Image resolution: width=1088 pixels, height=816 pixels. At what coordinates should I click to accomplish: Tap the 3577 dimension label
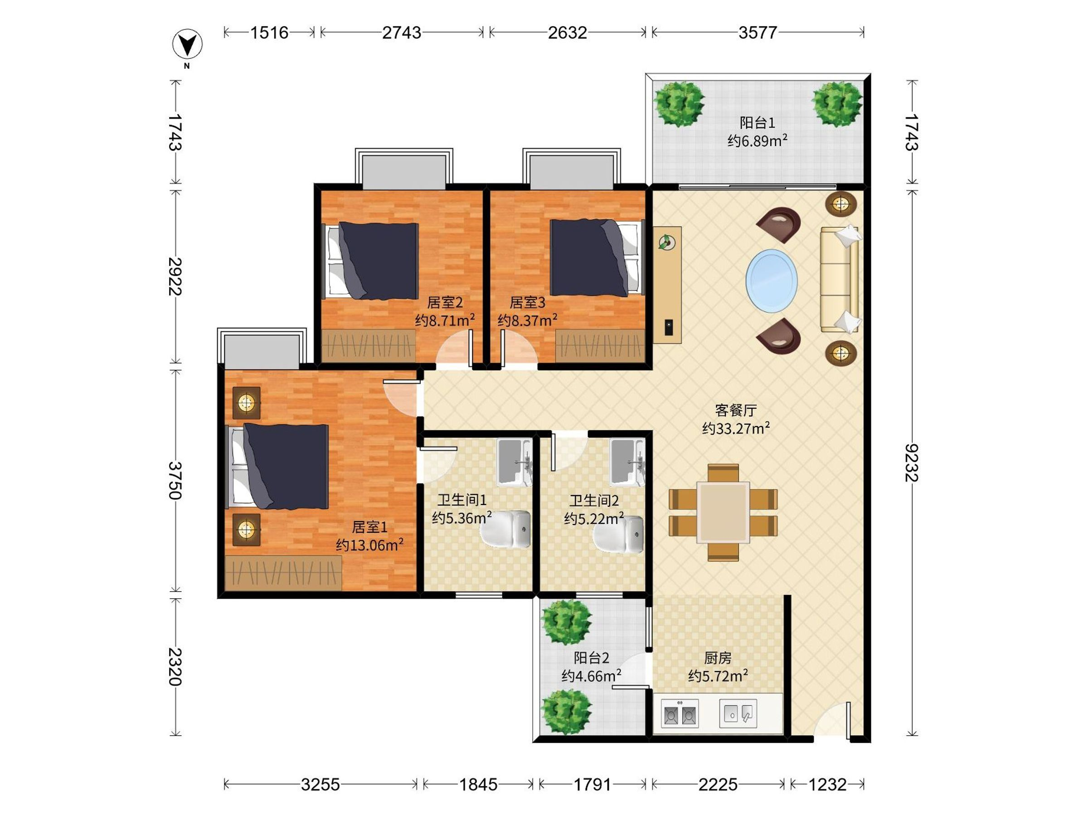click(x=758, y=33)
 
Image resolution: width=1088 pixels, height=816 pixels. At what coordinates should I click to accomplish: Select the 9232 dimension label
click(x=911, y=463)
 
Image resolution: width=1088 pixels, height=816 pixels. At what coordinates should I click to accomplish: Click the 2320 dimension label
click(x=175, y=666)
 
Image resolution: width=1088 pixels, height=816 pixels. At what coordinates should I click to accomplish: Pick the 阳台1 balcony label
click(x=758, y=122)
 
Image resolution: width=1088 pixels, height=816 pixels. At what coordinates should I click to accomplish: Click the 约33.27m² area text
click(x=736, y=428)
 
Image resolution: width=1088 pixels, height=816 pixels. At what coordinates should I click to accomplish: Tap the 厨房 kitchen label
click(x=718, y=658)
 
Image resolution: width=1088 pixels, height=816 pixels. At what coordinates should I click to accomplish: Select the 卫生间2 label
click(x=594, y=501)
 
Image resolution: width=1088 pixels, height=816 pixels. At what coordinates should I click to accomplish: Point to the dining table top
click(x=723, y=512)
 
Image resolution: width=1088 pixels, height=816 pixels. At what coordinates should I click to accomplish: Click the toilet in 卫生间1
click(x=505, y=529)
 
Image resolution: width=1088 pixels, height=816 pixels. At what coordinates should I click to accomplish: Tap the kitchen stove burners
click(x=680, y=713)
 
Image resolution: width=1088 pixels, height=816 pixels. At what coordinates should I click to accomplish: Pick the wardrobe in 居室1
click(x=283, y=573)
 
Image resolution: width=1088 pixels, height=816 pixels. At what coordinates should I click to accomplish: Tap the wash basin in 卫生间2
click(x=627, y=462)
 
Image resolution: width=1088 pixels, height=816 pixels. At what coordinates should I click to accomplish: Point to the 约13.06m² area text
click(x=370, y=545)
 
